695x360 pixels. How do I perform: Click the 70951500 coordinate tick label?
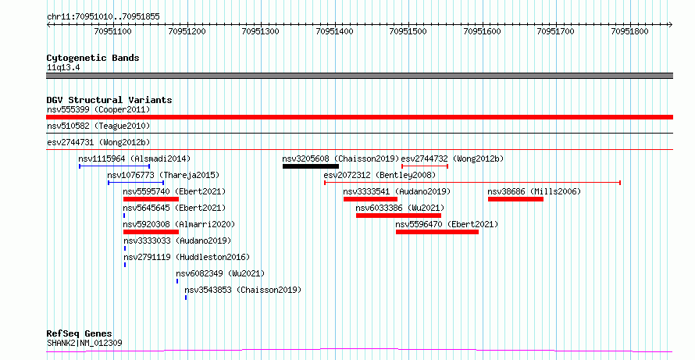pos(408,31)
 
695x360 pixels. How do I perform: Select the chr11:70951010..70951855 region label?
pos(103,17)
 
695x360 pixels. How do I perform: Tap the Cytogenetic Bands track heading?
pos(93,58)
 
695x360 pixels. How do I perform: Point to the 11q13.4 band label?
pos(63,68)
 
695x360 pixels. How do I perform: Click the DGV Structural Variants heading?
pos(109,100)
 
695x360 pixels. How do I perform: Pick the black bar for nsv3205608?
pos(311,166)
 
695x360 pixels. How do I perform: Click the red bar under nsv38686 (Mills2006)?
pos(515,199)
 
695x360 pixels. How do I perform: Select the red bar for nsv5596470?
pos(437,232)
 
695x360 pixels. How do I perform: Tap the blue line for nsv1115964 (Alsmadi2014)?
pos(114,166)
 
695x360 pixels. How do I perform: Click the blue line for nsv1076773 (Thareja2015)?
pos(136,183)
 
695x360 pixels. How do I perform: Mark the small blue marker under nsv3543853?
pos(186,298)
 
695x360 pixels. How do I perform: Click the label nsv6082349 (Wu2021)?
pos(220,273)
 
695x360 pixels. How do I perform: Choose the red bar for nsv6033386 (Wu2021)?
pos(398,216)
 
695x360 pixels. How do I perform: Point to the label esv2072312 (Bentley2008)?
pos(380,175)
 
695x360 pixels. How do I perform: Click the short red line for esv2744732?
pos(425,166)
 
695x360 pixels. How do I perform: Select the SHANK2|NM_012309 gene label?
pos(84,343)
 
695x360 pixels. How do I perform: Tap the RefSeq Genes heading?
pos(80,334)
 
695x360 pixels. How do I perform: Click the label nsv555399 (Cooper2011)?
pos(98,109)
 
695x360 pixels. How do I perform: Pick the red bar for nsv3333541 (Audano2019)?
pos(370,199)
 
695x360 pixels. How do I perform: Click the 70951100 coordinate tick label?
pos(112,31)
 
